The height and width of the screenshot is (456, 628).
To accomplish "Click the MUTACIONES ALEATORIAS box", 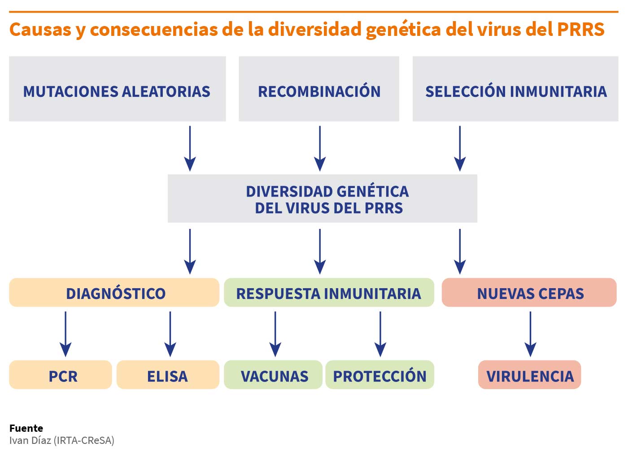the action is pos(118,89).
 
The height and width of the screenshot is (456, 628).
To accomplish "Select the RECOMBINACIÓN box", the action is pos(319,89).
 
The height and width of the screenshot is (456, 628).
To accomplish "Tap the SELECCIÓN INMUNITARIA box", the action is pos(515,89).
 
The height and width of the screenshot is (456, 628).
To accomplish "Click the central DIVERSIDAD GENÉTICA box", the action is pos(323,198).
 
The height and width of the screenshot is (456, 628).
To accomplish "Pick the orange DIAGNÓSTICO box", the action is pos(114,293).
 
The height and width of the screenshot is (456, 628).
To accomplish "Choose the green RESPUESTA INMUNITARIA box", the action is pos(329,293).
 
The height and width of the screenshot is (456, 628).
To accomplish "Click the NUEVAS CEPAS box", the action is pos(529,293).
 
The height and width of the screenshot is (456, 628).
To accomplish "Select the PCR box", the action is pos(61,375).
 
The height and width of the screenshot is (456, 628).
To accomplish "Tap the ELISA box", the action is pos(168,375).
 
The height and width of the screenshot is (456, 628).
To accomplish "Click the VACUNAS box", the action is pos(273,375).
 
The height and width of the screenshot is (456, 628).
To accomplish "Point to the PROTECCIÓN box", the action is pos(380,375).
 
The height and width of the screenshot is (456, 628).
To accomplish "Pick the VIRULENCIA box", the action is pos(530,375).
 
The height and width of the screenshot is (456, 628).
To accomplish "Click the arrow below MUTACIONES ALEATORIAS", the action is pos(190,149).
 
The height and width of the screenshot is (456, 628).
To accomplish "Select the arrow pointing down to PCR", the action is pos(65,334).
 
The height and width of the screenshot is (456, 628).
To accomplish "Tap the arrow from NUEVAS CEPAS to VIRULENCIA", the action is pos(530,334).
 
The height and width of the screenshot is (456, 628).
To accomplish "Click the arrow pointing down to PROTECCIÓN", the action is pos(380,334).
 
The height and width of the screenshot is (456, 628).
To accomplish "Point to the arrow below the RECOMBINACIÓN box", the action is pos(320,149).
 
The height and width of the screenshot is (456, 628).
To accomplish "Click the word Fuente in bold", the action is pos(26,428).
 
